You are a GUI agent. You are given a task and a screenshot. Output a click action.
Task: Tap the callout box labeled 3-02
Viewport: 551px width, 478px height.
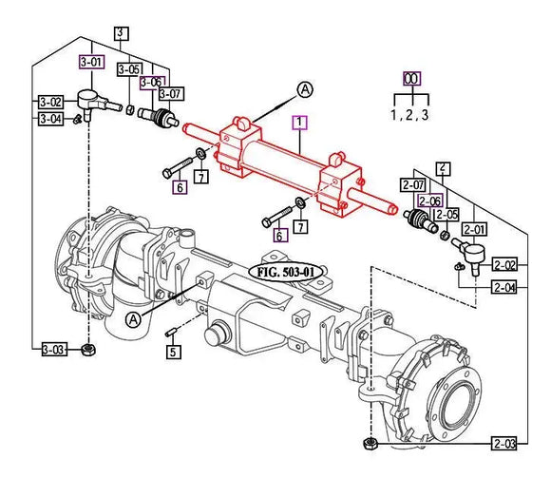click(x=50, y=102)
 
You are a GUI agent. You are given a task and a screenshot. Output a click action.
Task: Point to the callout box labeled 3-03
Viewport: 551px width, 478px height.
click(x=52, y=351)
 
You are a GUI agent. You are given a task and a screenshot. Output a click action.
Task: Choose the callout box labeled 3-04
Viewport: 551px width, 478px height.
click(x=50, y=119)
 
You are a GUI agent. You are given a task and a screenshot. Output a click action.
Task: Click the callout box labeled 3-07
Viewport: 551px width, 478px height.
click(x=171, y=93)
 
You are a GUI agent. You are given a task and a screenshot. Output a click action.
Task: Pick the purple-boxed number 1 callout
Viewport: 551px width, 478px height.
click(x=299, y=122)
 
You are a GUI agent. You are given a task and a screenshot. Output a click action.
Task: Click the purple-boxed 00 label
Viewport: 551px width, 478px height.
click(x=411, y=79)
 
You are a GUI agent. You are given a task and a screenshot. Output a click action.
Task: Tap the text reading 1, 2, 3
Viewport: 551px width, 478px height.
click(x=411, y=116)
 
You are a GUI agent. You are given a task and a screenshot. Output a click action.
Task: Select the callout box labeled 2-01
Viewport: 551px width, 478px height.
click(x=475, y=229)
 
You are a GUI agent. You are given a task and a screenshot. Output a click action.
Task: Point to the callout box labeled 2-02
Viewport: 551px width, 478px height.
click(x=504, y=265)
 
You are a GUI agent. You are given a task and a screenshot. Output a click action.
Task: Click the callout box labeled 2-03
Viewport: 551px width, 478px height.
click(x=504, y=443)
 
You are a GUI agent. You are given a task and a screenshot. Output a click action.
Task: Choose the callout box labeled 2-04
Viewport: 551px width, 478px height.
click(x=504, y=287)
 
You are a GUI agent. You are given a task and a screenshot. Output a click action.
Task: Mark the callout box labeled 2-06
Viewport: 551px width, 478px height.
click(x=430, y=201)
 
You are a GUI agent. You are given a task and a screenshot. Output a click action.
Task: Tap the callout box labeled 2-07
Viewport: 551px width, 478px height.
click(x=413, y=184)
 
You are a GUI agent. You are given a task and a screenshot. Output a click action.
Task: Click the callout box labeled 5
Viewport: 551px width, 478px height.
click(x=173, y=353)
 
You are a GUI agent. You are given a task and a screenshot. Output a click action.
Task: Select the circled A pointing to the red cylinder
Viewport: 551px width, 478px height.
click(x=304, y=89)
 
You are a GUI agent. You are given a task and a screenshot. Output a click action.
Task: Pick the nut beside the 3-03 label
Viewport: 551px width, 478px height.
click(x=88, y=351)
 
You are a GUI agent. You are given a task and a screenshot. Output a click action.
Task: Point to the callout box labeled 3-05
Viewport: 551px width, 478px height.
click(x=129, y=69)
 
